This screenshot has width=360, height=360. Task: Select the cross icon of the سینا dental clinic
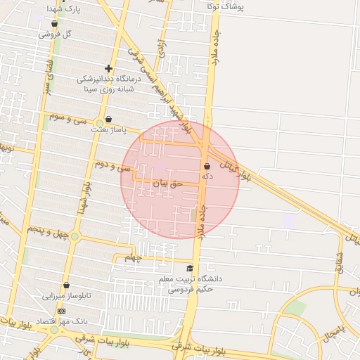108,69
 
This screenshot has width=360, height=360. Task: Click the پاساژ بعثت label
108,130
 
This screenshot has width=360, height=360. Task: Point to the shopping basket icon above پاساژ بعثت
108,120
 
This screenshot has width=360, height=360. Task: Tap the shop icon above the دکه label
207,167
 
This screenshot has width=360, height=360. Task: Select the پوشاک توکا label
226,6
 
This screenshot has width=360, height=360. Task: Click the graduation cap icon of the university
189,269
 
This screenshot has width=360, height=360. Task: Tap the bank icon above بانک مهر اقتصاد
61,311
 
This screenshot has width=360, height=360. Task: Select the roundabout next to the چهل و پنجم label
75,237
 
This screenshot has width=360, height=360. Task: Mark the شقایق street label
339,262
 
